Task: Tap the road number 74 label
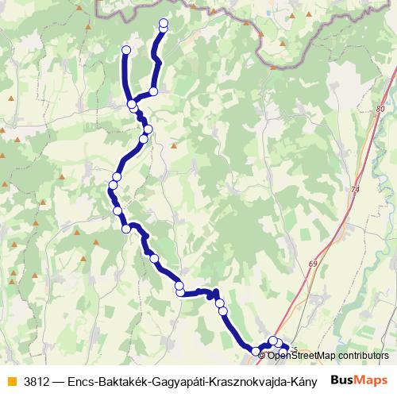(354, 191)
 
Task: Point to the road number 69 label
(314, 264)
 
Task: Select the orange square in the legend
(10, 380)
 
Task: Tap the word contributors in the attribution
(364, 356)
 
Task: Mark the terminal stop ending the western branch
(125, 51)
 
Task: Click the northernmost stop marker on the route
(164, 22)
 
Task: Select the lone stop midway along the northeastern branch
(153, 91)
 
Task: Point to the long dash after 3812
(60, 380)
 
